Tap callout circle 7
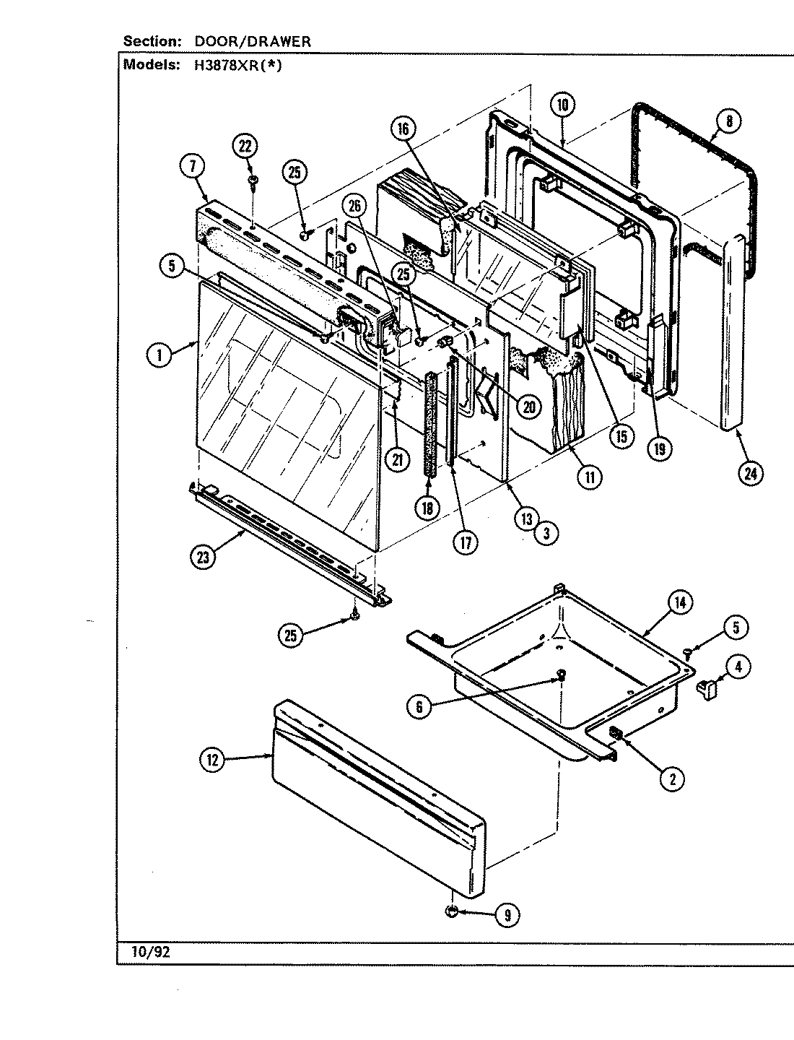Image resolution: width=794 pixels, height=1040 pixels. point(191,167)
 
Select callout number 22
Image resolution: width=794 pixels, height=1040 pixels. point(245,147)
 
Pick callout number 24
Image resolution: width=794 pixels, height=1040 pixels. point(750,473)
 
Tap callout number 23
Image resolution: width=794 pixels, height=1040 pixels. point(204,558)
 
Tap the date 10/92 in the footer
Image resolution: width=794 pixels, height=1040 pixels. point(150,953)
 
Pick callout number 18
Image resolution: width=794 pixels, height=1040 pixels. point(427,507)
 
